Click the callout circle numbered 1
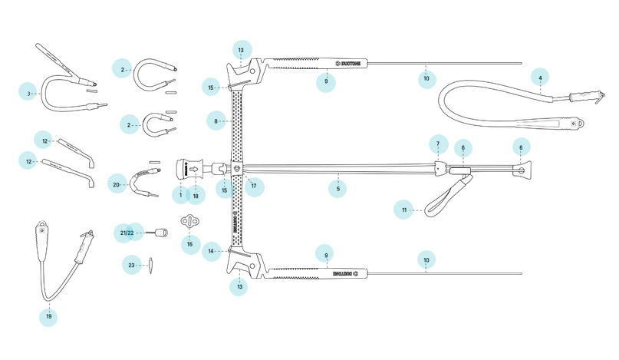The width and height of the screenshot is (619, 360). (181, 196)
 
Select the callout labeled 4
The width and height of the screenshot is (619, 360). (540, 78)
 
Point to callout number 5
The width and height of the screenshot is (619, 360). (337, 188)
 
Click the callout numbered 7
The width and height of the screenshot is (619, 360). (438, 144)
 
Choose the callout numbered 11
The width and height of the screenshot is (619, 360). (404, 210)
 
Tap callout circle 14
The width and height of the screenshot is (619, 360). (210, 251)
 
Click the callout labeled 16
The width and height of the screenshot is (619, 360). (189, 244)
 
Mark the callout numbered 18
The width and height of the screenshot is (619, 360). (196, 196)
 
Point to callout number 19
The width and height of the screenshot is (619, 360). (49, 315)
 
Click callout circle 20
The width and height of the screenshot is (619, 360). (117, 185)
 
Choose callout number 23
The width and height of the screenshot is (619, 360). (131, 265)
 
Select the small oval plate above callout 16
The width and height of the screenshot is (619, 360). (189, 222)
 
